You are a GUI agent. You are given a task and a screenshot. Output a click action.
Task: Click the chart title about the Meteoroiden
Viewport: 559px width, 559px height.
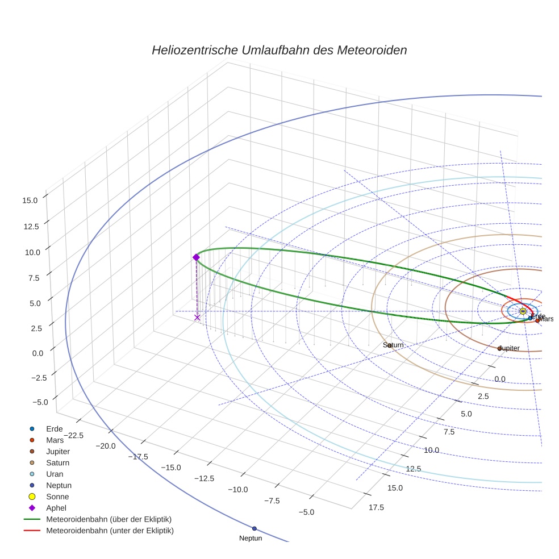point(279,50)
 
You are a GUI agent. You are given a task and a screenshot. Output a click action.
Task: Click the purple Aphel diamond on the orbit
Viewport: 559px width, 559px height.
point(196,257)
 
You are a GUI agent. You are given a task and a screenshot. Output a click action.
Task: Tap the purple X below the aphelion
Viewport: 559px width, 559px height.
point(197,318)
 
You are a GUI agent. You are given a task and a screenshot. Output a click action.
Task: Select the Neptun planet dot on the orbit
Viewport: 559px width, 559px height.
point(255,529)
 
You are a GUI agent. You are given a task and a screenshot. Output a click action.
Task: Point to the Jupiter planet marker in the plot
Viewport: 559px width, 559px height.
point(499,348)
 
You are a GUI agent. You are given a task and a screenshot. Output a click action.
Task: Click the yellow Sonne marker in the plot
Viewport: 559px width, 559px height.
point(523,311)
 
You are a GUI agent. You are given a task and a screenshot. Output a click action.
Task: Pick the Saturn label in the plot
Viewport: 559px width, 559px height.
point(393,345)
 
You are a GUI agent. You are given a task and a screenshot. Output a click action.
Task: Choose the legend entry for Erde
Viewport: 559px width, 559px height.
point(54,429)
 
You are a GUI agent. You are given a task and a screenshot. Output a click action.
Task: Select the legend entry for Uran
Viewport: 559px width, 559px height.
point(55,474)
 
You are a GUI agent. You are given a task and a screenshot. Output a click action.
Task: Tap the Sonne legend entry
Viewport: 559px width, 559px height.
point(57,497)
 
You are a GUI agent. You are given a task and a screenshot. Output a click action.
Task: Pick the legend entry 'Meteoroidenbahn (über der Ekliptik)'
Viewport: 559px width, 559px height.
point(109,519)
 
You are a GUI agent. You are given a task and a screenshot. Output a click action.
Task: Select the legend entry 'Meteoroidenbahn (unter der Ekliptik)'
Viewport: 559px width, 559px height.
point(110,531)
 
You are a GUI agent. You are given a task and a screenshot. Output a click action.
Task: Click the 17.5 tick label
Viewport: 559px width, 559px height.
point(376,507)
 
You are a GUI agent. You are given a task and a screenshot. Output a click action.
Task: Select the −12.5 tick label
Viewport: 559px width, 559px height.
point(204,478)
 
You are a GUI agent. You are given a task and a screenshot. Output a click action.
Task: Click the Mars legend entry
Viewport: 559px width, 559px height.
point(55,440)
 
